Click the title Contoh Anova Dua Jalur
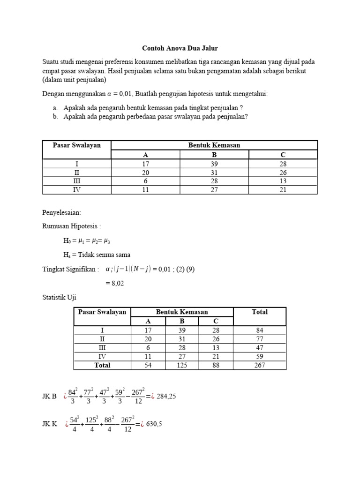pyautogui.click(x=180, y=48)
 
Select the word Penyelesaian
pyautogui.click(x=61, y=212)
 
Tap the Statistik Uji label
pyautogui.click(x=59, y=297)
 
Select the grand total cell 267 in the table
pyautogui.click(x=259, y=365)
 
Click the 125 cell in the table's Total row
pyautogui.click(x=181, y=365)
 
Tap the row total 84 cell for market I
pyautogui.click(x=259, y=330)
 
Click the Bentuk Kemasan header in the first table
pyautogui.click(x=214, y=145)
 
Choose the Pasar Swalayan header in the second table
pyautogui.click(x=102, y=312)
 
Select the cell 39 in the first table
pyautogui.click(x=214, y=164)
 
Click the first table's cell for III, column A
pyautogui.click(x=145, y=181)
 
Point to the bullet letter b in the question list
pyautogui.click(x=55, y=117)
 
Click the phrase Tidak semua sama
pyautogui.click(x=106, y=255)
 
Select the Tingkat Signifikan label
pyautogui.click(x=70, y=269)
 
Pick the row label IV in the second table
pyautogui.click(x=102, y=356)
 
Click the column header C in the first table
pyautogui.click(x=283, y=155)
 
